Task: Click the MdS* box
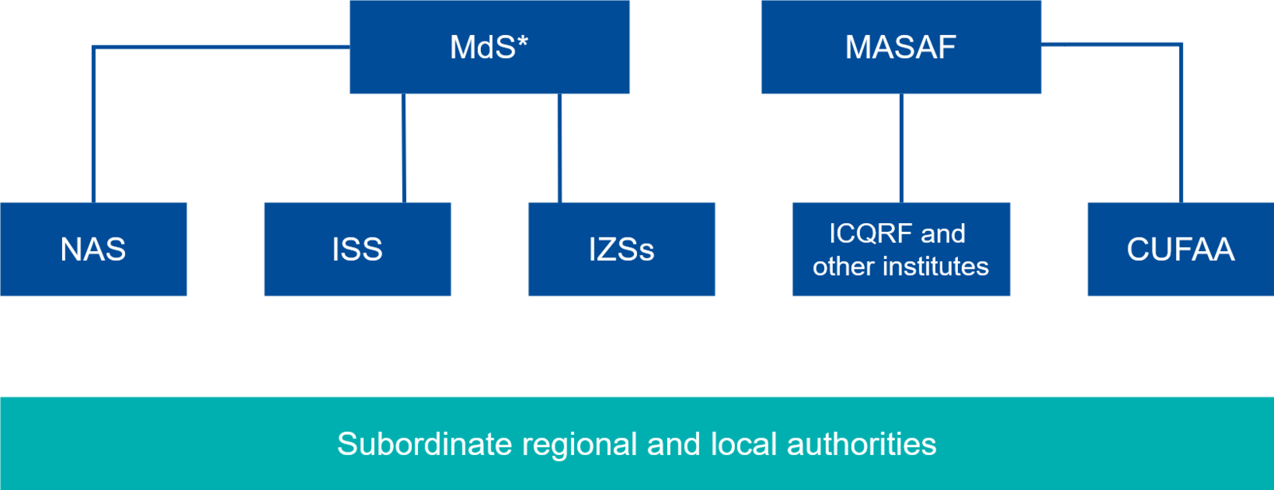[x=490, y=48]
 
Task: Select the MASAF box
[x=901, y=48]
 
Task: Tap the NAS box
[x=94, y=249]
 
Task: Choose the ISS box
[x=357, y=249]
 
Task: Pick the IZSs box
[x=621, y=249]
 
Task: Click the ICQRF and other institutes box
[x=901, y=249]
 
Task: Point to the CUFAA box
[x=1180, y=249]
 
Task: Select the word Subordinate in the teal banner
[x=425, y=444]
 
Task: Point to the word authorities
[x=862, y=444]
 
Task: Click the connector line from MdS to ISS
[x=404, y=148]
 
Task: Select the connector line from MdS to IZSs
[x=561, y=148]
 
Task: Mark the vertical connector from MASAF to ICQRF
[x=901, y=148]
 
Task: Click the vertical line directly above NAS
[x=94, y=127]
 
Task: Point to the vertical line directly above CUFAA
[x=1180, y=127]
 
